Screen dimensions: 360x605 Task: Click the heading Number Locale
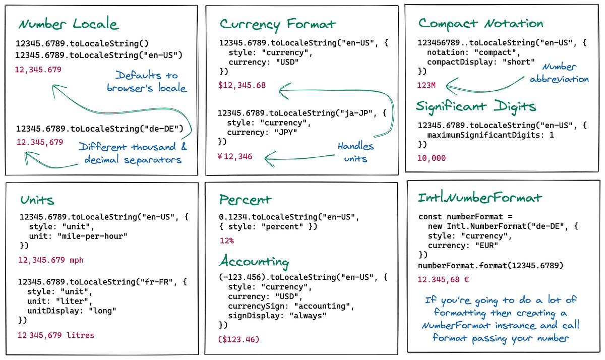[69, 24]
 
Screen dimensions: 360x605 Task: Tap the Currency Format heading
[277, 24]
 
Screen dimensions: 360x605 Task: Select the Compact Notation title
[480, 23]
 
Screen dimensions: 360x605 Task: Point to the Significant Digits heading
[475, 106]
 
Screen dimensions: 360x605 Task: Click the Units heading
[37, 200]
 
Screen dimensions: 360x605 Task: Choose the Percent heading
[246, 200]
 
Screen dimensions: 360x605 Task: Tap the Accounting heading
[254, 262]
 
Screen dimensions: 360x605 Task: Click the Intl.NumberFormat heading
[479, 198]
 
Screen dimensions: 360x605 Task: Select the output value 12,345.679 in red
[38, 69]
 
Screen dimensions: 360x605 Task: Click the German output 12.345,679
[40, 142]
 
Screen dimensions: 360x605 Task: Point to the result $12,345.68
[242, 85]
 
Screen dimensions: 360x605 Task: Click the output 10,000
[432, 158]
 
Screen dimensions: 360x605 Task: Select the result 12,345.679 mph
[51, 260]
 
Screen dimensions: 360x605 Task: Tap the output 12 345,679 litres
[55, 335]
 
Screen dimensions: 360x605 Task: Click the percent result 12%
[226, 241]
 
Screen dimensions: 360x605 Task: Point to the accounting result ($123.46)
[238, 340]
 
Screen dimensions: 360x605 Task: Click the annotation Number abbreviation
[559, 73]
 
